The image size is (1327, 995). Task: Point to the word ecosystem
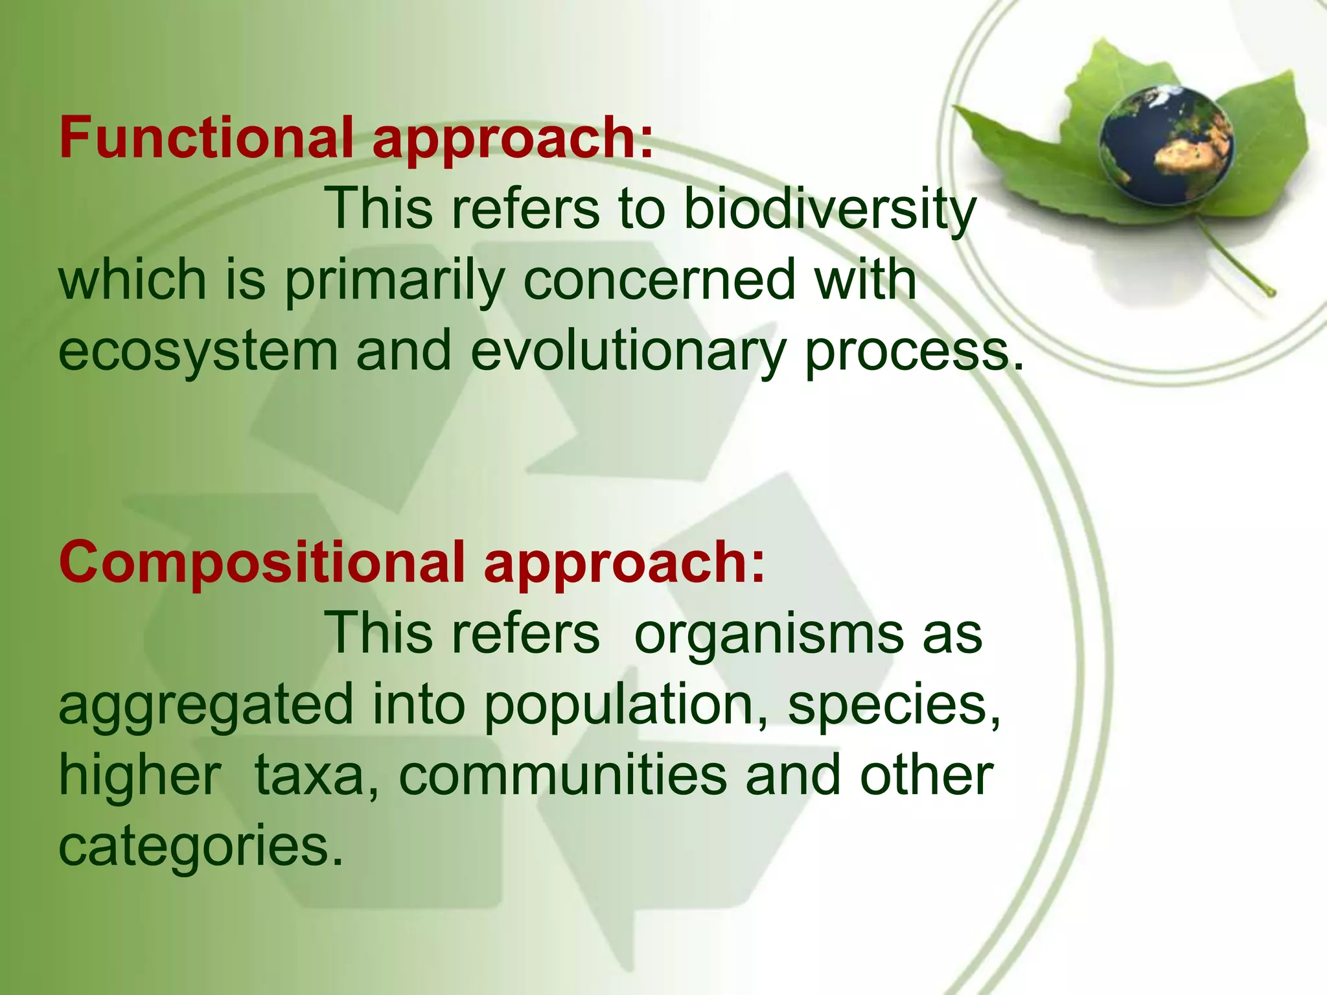(x=198, y=352)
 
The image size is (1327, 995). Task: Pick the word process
(x=914, y=352)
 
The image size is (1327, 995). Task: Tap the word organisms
(x=768, y=634)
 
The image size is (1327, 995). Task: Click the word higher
(x=140, y=776)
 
